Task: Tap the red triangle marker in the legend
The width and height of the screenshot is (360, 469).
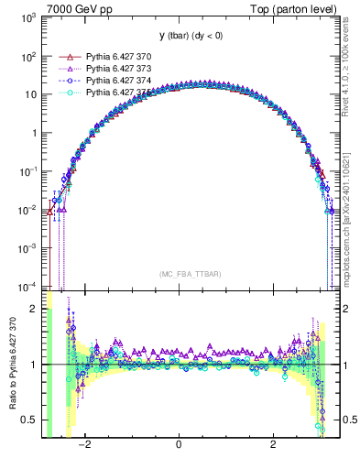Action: [x=65, y=57]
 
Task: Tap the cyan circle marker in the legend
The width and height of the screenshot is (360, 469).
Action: [x=65, y=93]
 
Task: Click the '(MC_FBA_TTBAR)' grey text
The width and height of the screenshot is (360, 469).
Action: [x=189, y=274]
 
